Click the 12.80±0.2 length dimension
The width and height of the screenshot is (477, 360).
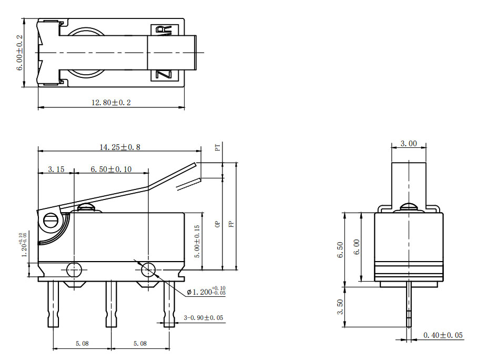111,103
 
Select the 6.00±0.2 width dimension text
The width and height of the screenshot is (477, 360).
20,53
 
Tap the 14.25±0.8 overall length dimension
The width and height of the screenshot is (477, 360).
120,147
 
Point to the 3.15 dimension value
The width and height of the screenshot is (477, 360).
56,169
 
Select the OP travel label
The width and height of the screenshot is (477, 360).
217,224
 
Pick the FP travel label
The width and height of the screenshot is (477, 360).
231,224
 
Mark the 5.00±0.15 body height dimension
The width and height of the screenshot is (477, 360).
197,241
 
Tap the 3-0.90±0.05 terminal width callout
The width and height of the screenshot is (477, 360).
203,318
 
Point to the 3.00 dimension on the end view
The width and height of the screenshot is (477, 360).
409,143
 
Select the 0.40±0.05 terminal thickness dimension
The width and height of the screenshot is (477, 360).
443,335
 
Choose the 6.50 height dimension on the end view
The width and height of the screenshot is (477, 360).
340,250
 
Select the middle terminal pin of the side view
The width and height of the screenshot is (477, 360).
111,304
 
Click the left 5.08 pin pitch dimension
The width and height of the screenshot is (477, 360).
82,343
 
